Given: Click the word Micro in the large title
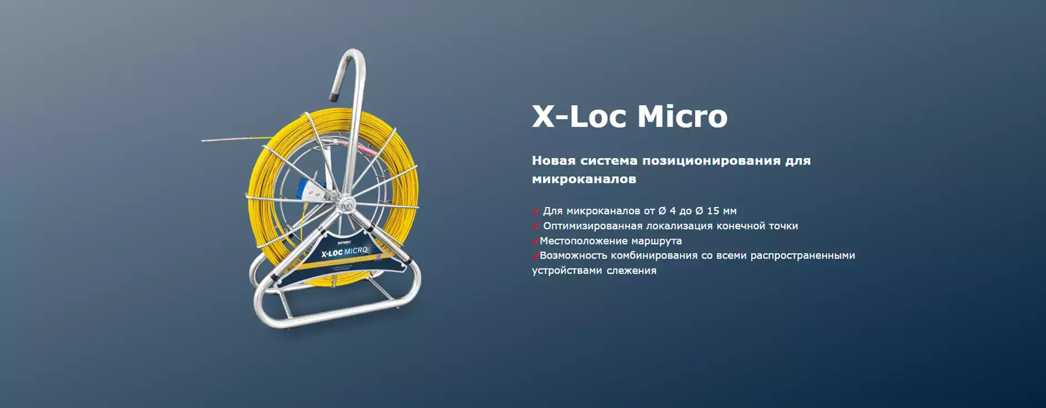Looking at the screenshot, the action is pos(683,116).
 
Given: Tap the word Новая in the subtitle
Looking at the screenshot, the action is pos(553,161).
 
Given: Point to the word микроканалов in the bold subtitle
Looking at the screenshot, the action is pos(584,179).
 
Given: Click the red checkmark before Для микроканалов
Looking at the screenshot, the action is pos(536,210).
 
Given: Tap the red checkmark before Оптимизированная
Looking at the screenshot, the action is pos(536,225).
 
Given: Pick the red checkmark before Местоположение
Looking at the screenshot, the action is pos(535,240).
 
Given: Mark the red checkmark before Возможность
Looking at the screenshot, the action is pos(535,255).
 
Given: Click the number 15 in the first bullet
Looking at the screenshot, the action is pos(713,211).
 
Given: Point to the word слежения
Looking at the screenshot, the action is pos(631,271).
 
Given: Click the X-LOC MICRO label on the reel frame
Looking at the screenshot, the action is pos(345,252).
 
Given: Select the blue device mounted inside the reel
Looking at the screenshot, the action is pos(306,190).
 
